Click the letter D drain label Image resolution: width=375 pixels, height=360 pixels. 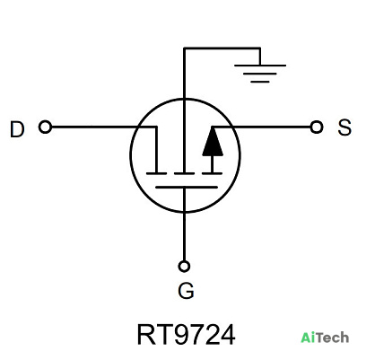[x=17, y=129]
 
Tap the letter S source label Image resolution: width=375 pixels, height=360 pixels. [x=344, y=127]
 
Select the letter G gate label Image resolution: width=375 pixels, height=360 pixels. [x=186, y=291]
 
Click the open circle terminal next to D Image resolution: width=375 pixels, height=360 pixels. [x=45, y=127]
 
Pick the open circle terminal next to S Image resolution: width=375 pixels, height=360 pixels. [x=317, y=127]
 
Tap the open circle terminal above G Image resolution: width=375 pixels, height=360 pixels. [x=184, y=266]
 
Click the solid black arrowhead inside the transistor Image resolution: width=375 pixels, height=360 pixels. [x=213, y=142]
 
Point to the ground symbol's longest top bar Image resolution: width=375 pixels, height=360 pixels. [x=260, y=66]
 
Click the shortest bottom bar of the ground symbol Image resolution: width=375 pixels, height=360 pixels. [x=260, y=82]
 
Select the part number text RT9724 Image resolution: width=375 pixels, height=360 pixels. [x=186, y=335]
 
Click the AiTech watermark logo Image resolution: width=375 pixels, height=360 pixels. [x=325, y=338]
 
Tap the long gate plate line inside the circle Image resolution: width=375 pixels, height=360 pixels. [x=187, y=188]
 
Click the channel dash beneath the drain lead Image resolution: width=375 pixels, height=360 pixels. [x=156, y=173]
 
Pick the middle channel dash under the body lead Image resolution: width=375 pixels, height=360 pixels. [x=185, y=173]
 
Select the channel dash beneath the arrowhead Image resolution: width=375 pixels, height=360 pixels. [x=212, y=173]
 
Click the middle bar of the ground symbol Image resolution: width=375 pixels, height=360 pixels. [x=260, y=74]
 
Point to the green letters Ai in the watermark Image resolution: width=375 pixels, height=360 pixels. [x=307, y=338]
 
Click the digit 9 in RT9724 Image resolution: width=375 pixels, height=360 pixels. [x=182, y=335]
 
